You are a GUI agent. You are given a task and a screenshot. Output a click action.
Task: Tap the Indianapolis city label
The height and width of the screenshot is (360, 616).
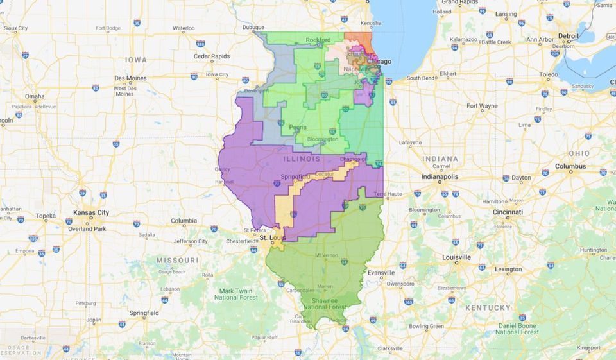point(440,176)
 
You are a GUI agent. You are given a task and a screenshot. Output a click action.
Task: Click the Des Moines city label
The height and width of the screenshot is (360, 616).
point(130,78)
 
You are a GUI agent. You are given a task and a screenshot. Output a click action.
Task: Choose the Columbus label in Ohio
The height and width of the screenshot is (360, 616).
point(570,166)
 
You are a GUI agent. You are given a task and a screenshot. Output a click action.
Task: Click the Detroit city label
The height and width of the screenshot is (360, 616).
point(569,36)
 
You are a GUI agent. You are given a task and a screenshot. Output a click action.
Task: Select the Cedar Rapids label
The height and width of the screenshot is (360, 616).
point(212,56)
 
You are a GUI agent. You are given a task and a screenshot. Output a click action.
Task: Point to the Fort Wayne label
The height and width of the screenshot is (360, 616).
point(482,106)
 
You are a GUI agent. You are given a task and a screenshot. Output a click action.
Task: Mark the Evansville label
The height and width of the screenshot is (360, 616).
point(381,273)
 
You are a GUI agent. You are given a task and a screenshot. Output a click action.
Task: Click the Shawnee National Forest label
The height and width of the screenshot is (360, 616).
point(325,304)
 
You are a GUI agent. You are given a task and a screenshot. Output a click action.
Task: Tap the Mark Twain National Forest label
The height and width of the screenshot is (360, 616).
point(236,294)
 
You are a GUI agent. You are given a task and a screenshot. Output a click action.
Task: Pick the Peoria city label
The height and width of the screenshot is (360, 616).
point(298,127)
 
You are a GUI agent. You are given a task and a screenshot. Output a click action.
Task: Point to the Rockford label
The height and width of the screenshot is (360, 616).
point(319,40)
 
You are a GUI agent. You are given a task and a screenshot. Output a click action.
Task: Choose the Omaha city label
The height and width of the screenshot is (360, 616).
point(35,96)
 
